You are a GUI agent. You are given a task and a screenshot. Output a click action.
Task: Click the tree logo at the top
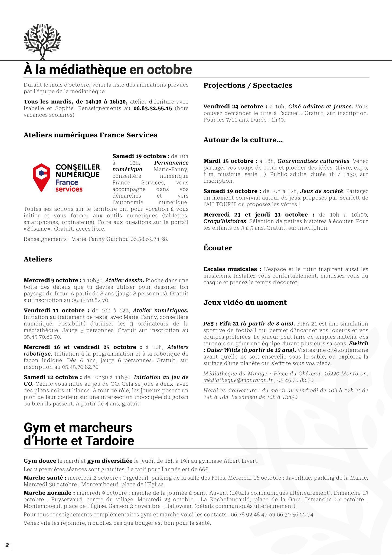(x=41, y=41)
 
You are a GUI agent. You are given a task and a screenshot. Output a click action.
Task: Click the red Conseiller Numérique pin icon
(x=41, y=177)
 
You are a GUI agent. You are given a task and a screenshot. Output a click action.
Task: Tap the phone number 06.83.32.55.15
(x=153, y=108)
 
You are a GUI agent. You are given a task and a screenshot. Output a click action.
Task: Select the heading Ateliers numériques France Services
(x=90, y=135)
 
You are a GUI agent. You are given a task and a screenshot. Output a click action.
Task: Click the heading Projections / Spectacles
(x=248, y=85)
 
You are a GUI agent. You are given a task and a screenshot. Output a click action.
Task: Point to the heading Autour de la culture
(x=243, y=140)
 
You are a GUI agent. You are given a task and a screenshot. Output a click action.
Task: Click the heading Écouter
(x=217, y=248)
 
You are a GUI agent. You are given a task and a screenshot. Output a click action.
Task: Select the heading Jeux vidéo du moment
(x=245, y=302)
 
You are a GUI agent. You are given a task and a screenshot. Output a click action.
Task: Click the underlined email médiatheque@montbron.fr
(x=238, y=380)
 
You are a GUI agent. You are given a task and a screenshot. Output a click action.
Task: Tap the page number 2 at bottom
(x=7, y=545)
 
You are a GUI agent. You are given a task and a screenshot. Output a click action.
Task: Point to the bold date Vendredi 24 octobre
(x=233, y=107)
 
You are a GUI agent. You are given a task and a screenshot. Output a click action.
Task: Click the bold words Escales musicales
(x=230, y=269)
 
